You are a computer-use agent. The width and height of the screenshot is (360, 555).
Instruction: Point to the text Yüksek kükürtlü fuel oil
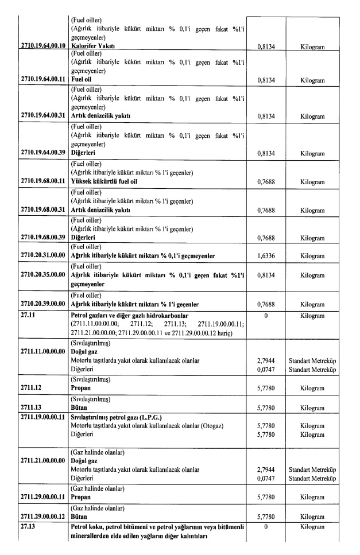106,182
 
